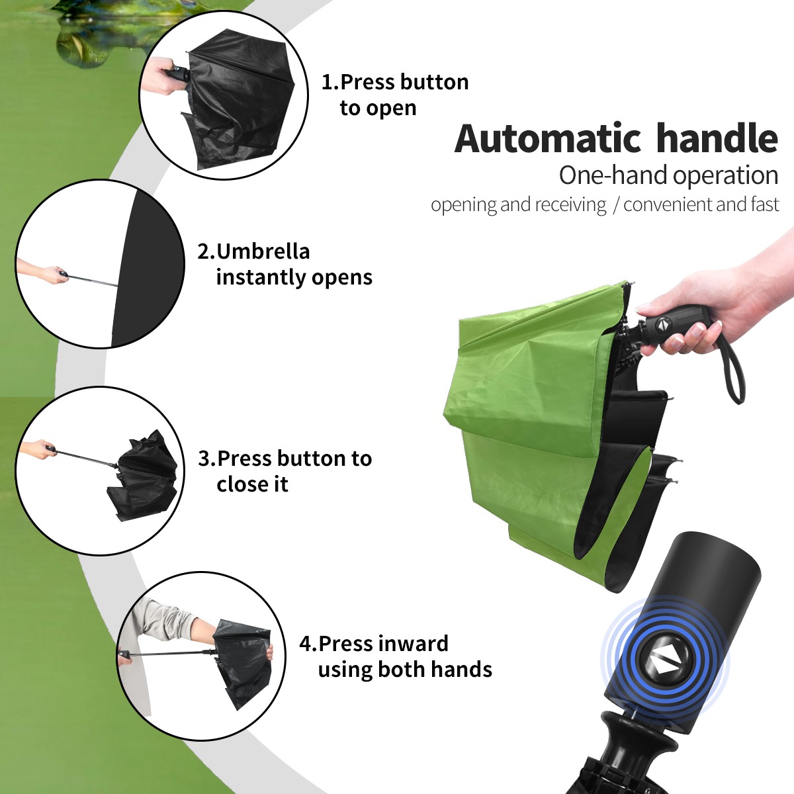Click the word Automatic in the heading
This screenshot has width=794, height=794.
point(548,138)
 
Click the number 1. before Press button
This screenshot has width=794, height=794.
point(330,82)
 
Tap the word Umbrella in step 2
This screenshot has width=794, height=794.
point(263,251)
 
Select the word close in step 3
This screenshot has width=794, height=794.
point(240,484)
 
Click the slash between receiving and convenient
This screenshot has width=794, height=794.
point(615,205)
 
